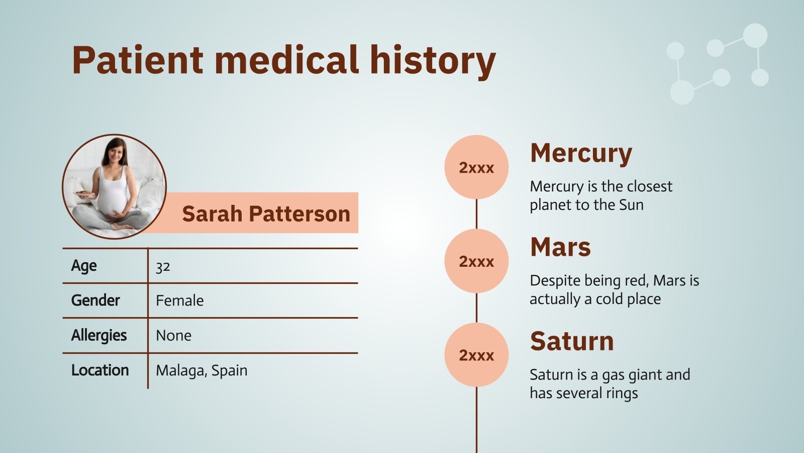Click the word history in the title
pos(433,60)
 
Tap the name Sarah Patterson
pos(266,213)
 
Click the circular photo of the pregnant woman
pos(114,186)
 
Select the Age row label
pos(84,266)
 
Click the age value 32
pos(163,266)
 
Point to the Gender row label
pos(95,300)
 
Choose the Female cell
pos(180,300)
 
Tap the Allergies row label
pos(99,335)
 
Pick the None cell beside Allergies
pos(173,335)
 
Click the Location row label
pos(100,370)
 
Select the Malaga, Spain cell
pos(202,370)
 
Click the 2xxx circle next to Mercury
pos(476,167)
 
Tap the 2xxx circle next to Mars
pos(476,261)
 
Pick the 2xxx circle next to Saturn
pos(476,355)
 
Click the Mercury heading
pos(581,153)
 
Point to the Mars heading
pos(560,247)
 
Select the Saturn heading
pos(572,341)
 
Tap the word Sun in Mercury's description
pos(631,205)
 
